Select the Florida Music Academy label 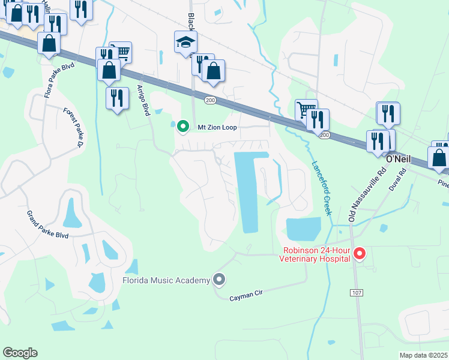coord(166,280)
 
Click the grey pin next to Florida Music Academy coord(219,280)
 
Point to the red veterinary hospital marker coord(360,254)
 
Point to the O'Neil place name coord(397,159)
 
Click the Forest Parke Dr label coord(74,128)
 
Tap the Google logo coord(20,353)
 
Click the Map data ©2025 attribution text coord(424,355)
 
